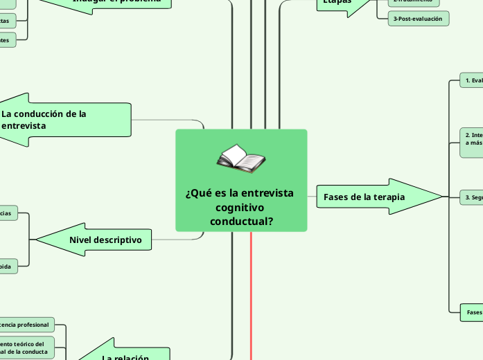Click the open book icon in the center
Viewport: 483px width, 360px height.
(240, 159)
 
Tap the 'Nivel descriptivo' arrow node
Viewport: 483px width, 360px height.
(104, 240)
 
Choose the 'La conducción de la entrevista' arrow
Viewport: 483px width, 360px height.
(66, 120)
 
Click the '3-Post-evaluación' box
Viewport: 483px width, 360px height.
(419, 19)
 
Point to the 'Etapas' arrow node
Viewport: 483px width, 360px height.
(340, 3)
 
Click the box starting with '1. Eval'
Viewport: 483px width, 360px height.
(471, 81)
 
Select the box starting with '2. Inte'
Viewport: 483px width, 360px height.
(471, 138)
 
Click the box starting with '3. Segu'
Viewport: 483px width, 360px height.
(471, 197)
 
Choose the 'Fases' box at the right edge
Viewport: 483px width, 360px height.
(472, 312)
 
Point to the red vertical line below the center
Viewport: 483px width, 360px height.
(250, 298)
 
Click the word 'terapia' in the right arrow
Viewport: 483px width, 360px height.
(389, 197)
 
